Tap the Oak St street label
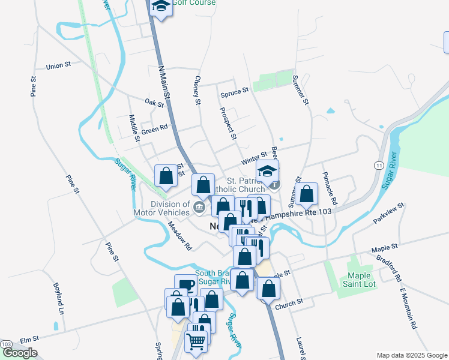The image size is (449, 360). [154, 103]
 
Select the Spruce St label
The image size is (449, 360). [234, 91]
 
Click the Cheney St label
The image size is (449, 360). [197, 90]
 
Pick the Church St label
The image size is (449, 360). [289, 305]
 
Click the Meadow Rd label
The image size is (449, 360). [179, 236]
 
